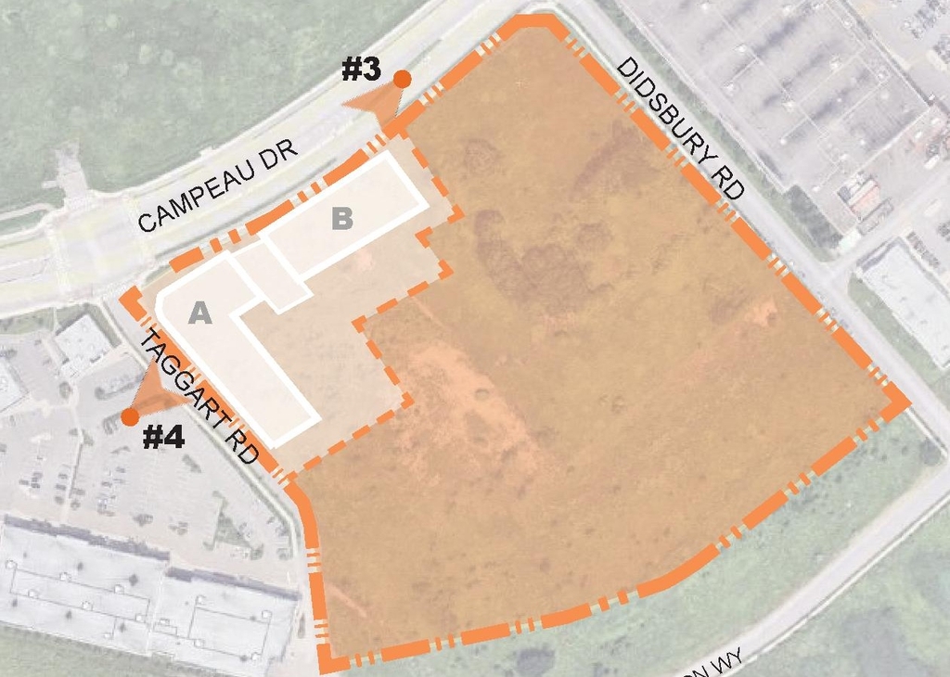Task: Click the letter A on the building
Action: tap(200, 313)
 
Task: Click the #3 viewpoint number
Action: tap(362, 70)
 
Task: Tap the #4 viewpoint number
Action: tap(163, 436)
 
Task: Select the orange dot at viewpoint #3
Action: tap(402, 79)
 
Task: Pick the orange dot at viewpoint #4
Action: tap(130, 416)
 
